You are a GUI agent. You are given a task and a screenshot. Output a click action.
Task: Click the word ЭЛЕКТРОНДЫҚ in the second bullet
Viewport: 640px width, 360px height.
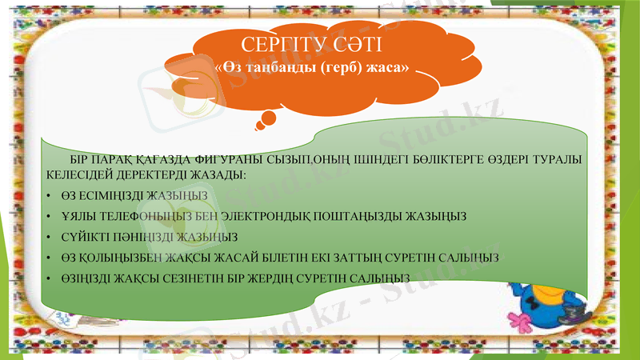295,216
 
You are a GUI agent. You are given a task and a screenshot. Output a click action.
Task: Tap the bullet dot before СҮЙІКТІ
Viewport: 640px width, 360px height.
50,238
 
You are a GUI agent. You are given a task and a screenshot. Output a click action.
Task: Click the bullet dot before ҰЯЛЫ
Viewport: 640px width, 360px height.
50,217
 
